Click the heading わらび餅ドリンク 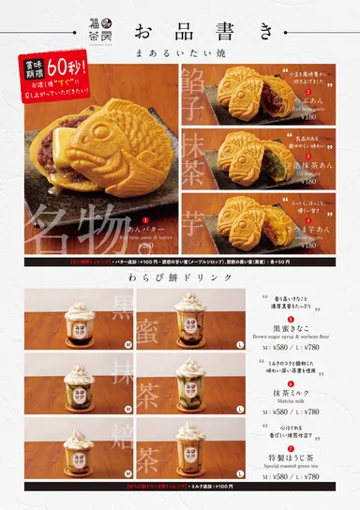pos(180,278)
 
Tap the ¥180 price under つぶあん pos(306,121)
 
